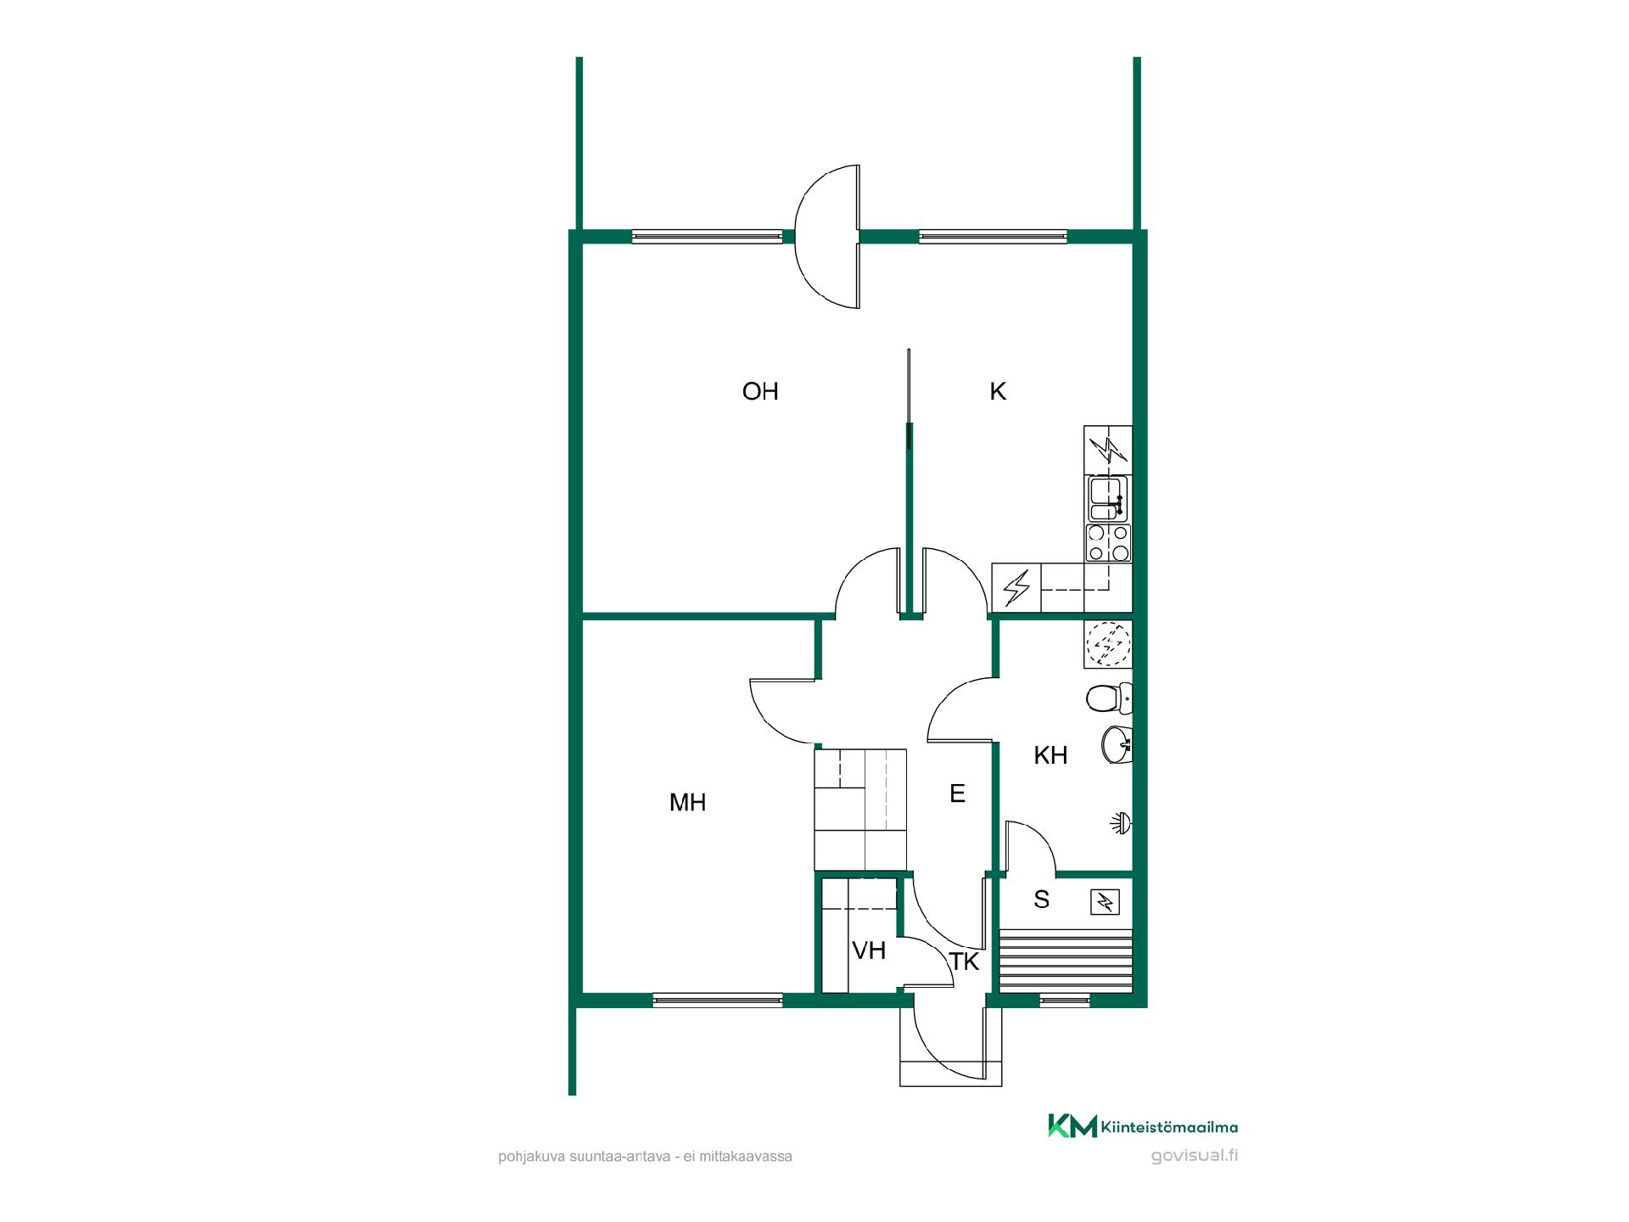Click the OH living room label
[760, 391]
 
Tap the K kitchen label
[998, 391]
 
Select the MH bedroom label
[687, 803]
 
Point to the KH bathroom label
[1050, 755]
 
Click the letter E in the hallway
[957, 793]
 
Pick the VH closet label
[869, 951]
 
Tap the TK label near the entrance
[965, 962]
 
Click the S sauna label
[1042, 900]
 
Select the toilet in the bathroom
[1109, 698]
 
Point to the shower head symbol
[1122, 822]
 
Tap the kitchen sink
[1108, 498]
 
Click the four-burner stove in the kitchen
[1108, 543]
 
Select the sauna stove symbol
[1106, 901]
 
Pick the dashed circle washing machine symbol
[1109, 644]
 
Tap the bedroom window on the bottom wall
[718, 1001]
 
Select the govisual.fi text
[1195, 1156]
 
